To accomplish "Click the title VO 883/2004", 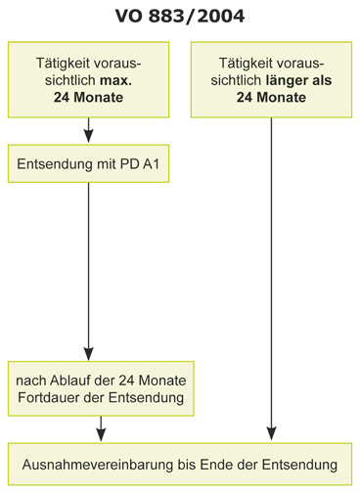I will coord(179,16).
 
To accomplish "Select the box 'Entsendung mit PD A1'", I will coord(89,165).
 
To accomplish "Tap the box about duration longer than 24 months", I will coord(271,80).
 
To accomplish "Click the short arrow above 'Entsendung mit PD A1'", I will coord(89,130).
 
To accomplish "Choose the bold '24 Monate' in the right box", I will coord(271,98).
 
